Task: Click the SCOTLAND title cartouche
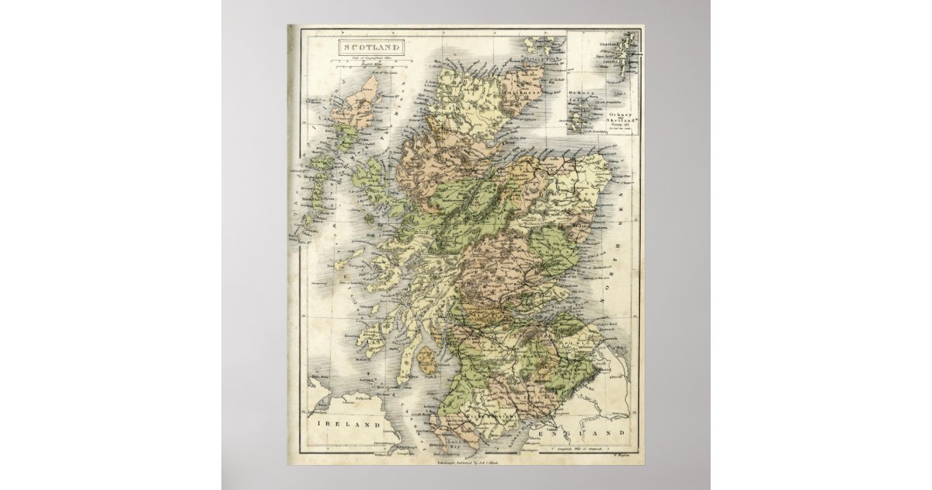pyautogui.click(x=370, y=47)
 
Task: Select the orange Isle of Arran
pyautogui.click(x=427, y=360)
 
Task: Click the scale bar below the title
pyautogui.click(x=370, y=62)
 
